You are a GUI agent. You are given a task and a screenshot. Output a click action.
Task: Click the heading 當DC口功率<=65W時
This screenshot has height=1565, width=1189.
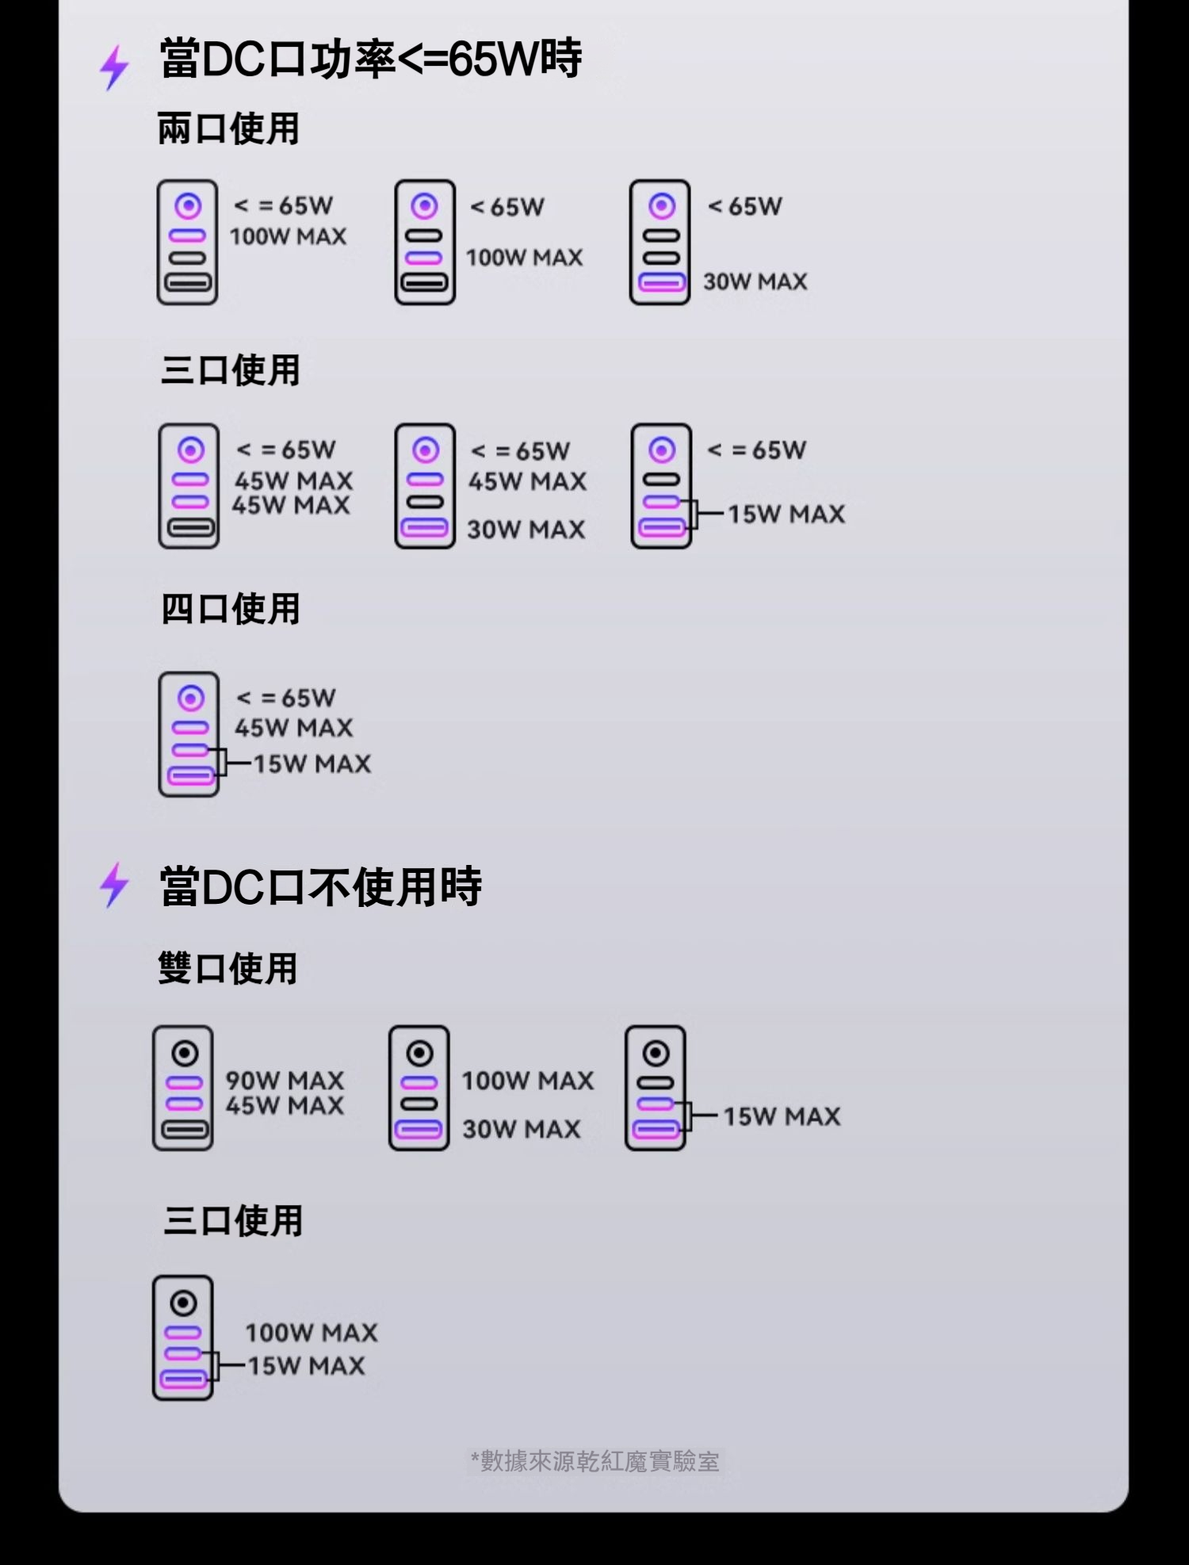(370, 58)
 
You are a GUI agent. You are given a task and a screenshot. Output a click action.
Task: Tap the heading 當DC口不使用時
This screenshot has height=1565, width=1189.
(320, 886)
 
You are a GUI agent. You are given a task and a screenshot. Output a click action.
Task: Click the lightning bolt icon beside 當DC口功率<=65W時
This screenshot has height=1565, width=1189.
(114, 67)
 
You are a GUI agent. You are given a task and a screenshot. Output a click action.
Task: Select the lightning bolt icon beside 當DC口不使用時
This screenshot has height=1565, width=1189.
(114, 885)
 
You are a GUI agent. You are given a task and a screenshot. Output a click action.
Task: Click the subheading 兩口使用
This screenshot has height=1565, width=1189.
(228, 128)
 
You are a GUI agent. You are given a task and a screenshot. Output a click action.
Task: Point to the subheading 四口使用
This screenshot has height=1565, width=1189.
(230, 609)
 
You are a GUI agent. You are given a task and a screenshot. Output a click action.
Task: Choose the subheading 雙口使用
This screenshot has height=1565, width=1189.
(227, 968)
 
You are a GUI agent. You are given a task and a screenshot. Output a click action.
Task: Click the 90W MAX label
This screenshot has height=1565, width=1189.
(285, 1080)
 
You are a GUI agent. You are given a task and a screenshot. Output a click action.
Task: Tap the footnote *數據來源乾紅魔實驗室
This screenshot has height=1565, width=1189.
(594, 1461)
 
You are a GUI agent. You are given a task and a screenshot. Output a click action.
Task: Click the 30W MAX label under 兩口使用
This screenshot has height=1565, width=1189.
(755, 281)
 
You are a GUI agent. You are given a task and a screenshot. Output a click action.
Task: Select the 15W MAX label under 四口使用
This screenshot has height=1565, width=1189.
(312, 763)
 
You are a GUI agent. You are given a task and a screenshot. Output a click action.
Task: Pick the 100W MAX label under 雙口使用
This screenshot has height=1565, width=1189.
(528, 1080)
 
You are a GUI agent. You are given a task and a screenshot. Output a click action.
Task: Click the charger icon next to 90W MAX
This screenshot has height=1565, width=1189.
(183, 1088)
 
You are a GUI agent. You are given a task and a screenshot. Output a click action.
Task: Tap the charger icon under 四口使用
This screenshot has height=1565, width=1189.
(189, 734)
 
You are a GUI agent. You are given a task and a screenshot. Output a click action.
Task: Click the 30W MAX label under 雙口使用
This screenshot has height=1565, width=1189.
(522, 1128)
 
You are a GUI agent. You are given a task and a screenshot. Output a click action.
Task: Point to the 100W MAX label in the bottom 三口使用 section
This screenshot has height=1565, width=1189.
(312, 1332)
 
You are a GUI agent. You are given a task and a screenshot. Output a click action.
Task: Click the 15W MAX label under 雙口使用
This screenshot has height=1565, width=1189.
(782, 1116)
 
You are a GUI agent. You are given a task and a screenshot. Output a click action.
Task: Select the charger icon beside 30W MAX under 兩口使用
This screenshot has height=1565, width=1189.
(660, 242)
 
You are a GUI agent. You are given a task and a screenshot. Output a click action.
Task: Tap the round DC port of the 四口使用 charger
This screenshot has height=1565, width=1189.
(190, 698)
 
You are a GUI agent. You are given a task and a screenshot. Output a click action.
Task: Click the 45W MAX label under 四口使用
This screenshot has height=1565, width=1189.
(293, 727)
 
